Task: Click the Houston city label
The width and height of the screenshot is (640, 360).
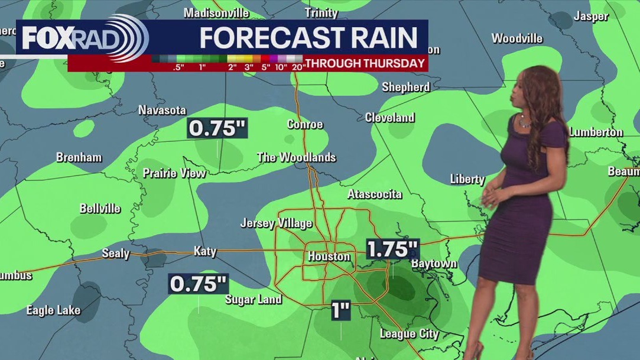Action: tap(329, 257)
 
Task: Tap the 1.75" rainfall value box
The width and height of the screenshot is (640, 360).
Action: tap(393, 249)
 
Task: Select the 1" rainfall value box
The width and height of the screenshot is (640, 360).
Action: tap(341, 310)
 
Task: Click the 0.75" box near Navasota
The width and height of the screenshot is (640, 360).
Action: tap(216, 128)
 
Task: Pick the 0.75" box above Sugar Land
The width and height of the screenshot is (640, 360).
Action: tap(199, 284)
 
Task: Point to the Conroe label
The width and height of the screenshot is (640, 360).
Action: tap(305, 124)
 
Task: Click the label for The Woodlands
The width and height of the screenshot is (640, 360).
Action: tap(297, 157)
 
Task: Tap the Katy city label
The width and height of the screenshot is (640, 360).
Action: tap(205, 251)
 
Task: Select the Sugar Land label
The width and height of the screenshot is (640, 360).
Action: tap(254, 299)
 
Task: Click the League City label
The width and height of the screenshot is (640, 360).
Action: tap(409, 334)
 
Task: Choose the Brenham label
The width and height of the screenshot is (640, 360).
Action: tap(79, 157)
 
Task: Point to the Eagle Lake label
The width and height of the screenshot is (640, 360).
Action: tap(54, 310)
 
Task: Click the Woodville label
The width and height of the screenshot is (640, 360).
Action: tap(517, 38)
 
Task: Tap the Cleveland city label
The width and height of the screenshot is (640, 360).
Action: tap(389, 118)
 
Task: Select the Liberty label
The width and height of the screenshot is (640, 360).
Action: tap(467, 179)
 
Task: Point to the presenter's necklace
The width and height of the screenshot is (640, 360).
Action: tap(524, 123)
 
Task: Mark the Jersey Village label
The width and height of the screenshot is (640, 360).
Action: tap(276, 223)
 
